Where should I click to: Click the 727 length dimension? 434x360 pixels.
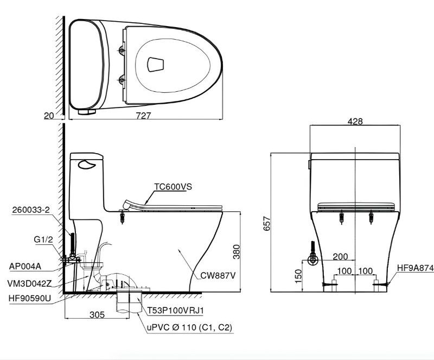tap(143, 115)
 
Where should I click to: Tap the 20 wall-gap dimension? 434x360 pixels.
tap(49, 116)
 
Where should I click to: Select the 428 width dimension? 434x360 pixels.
tap(355, 121)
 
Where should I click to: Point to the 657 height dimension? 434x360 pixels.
tap(266, 223)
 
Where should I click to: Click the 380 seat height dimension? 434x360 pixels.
tap(237, 251)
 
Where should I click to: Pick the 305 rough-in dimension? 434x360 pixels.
tap(97, 314)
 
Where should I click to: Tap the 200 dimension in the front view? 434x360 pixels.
tap(340, 256)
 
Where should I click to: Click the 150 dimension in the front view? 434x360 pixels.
tap(298, 276)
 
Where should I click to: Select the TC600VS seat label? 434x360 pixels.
tap(173, 186)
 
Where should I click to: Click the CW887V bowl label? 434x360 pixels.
tap(218, 275)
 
